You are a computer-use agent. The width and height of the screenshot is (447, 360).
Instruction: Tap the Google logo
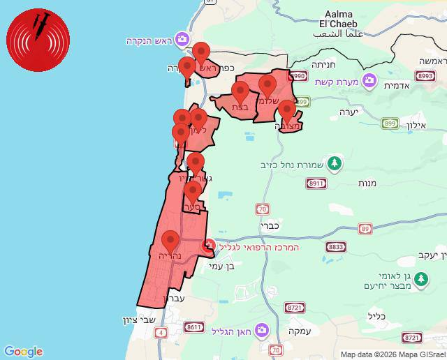[x=23, y=352]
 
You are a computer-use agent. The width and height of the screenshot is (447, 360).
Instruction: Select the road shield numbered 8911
[x=316, y=183]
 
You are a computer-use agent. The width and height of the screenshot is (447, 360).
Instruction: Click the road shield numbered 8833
[x=336, y=247]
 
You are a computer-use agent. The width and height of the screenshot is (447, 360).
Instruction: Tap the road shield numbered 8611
[x=195, y=327]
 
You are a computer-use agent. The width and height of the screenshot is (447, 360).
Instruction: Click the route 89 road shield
[x=365, y=228]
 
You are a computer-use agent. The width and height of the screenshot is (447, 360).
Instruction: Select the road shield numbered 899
[x=390, y=123]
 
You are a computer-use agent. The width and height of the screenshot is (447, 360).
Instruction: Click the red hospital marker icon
[x=208, y=246]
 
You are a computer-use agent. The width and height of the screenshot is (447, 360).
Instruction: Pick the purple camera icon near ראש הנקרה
[x=182, y=38]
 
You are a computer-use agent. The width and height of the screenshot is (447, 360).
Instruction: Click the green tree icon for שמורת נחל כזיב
[x=335, y=163]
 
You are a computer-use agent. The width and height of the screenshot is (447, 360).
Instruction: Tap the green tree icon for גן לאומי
[x=420, y=280]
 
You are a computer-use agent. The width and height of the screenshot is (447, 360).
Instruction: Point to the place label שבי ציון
[x=131, y=320]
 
